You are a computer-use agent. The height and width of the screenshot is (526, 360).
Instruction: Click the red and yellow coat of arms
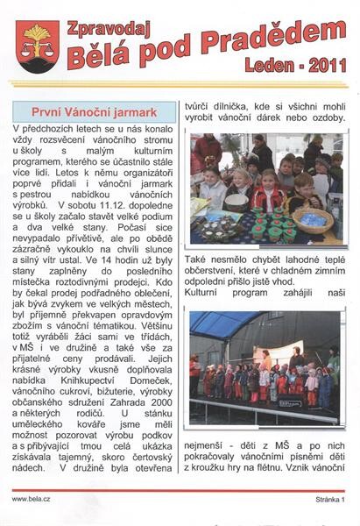pyautogui.click(x=37, y=46)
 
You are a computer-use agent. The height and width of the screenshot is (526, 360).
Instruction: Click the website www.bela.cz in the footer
pyautogui.click(x=31, y=499)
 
